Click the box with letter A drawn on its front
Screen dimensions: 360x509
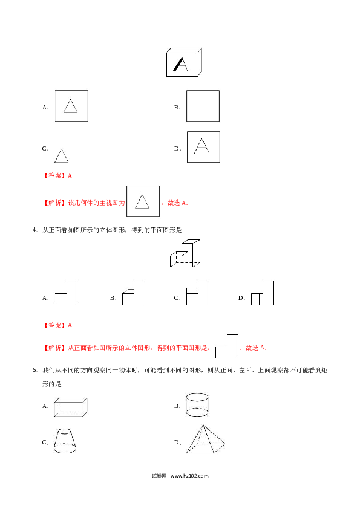point(184,62)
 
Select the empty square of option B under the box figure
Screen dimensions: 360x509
point(203,91)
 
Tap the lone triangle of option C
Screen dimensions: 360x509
point(61,156)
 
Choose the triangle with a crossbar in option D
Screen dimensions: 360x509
point(201,146)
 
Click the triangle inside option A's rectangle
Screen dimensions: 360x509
point(71,106)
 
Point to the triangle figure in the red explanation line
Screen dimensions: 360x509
point(143,201)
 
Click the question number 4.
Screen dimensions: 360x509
point(34,230)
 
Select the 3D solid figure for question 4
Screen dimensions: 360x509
point(185,253)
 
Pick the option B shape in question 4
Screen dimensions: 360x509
point(128,293)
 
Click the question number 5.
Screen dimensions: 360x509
point(34,370)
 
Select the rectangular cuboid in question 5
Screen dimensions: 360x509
point(71,407)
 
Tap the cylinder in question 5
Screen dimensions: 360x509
point(197,404)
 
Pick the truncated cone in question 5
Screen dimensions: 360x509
point(65,441)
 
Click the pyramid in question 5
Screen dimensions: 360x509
point(205,439)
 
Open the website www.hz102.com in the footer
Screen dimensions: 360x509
point(189,476)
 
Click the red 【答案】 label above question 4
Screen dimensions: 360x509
point(53,325)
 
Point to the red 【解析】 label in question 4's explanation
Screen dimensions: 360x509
point(53,348)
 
